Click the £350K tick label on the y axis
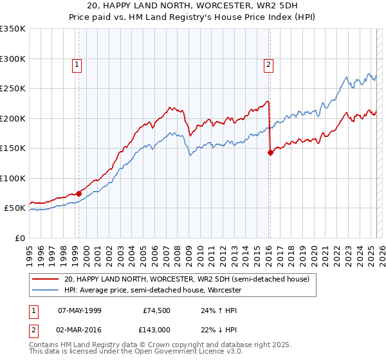(13, 29)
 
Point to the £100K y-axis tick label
(13, 178)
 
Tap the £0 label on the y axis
(19, 238)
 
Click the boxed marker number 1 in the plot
(77, 64)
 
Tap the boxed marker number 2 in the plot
(267, 64)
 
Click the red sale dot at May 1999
(78, 194)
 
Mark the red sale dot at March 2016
(270, 152)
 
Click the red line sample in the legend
(44, 280)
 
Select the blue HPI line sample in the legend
(44, 291)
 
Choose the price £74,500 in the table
(157, 310)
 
